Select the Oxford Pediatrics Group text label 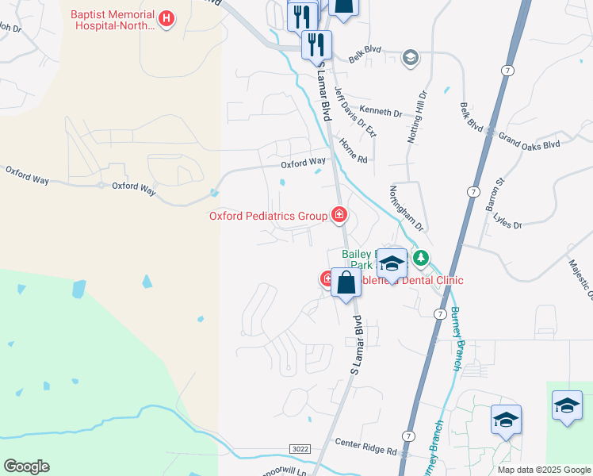[268, 216]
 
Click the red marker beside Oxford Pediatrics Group [339, 214]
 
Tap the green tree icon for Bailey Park [421, 258]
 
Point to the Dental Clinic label [432, 280]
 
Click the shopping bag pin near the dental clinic [346, 283]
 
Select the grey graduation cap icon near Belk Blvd [410, 56]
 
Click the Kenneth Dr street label [381, 112]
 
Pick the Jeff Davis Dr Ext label [354, 112]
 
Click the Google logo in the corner [26, 466]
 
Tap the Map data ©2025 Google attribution [544, 470]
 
